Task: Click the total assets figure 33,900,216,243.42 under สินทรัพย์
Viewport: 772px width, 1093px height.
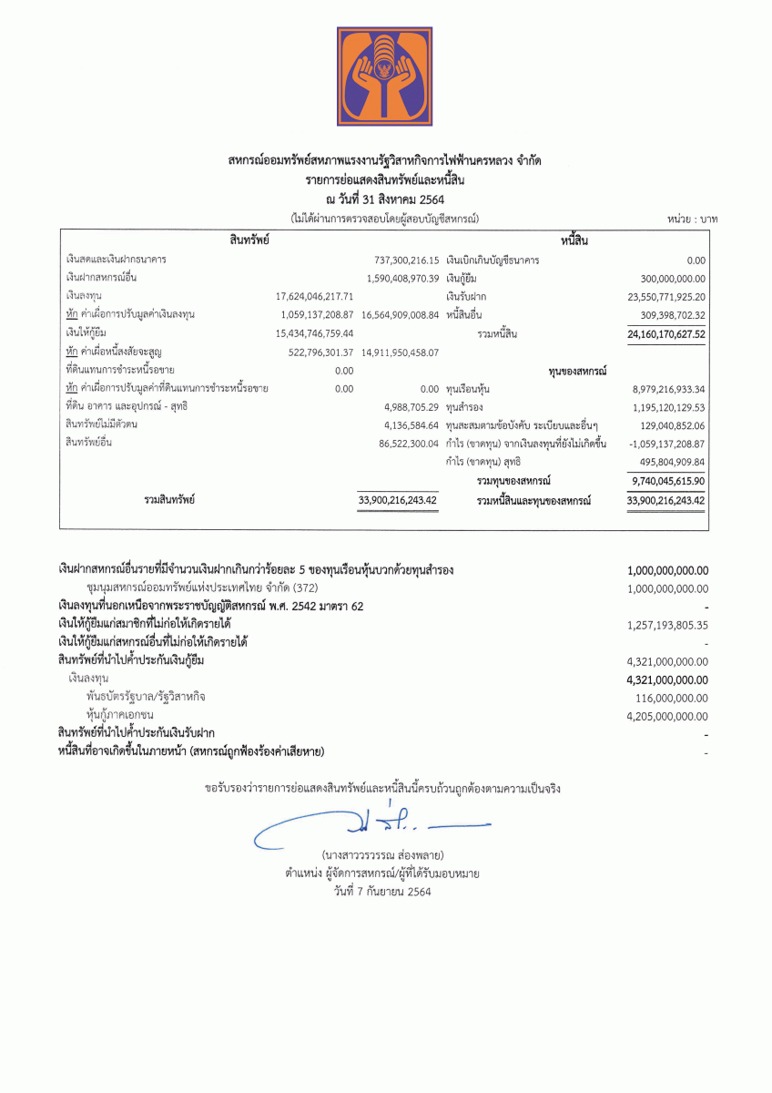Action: click(398, 500)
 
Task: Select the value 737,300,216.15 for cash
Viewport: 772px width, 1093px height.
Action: click(401, 260)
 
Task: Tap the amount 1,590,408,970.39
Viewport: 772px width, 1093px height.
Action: click(402, 277)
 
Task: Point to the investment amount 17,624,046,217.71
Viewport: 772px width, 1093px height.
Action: click(314, 296)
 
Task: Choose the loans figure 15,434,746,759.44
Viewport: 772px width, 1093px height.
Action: click(314, 333)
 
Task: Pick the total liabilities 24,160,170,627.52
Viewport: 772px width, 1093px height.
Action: click(666, 334)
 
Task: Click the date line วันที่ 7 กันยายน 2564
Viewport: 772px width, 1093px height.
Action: click(382, 892)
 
